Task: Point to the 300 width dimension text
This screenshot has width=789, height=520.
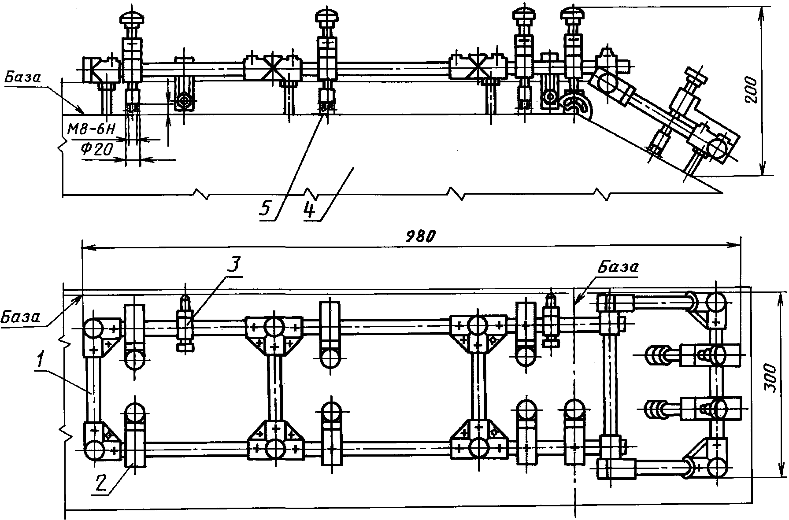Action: point(771,378)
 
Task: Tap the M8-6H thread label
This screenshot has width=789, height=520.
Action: point(92,129)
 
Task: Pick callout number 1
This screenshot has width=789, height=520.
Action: point(40,361)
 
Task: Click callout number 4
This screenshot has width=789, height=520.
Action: point(310,210)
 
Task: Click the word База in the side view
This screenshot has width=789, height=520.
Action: point(22,78)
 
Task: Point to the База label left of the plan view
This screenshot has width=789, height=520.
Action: point(20,316)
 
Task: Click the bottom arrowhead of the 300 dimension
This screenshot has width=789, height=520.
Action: point(782,469)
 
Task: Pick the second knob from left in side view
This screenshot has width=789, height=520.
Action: point(327,18)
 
